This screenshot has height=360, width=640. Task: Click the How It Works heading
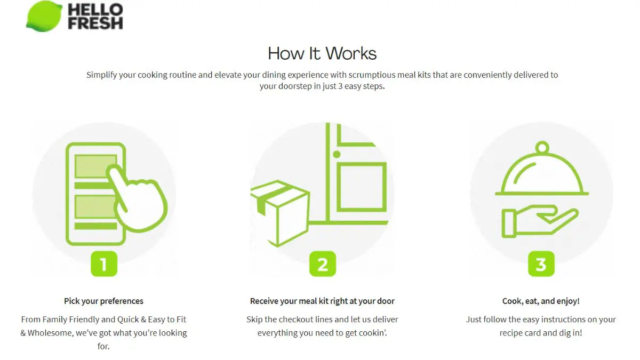coord(322,53)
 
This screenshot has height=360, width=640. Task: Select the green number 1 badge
coord(103,264)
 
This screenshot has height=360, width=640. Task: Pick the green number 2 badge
coord(323,264)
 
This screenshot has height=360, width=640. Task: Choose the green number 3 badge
coord(541,264)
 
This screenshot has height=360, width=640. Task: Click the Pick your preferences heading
coord(103,301)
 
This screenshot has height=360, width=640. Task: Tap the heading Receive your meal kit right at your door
coord(322,301)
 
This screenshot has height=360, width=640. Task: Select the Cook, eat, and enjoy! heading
coord(541,301)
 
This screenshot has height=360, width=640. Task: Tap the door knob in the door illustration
coord(337,155)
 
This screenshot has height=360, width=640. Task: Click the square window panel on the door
coord(362,187)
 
